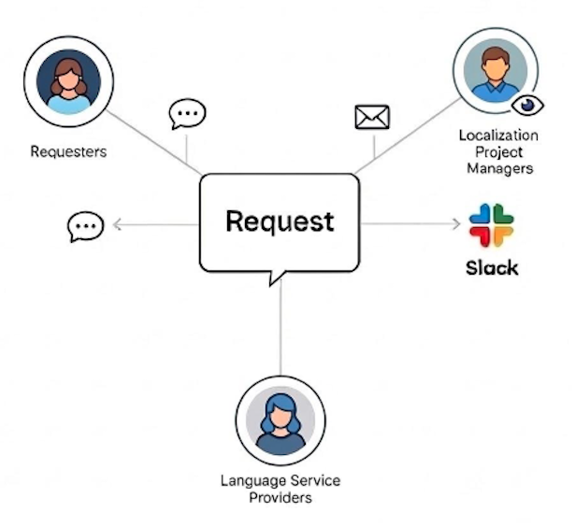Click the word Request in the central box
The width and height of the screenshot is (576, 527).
coord(280,221)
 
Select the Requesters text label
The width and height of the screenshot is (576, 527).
coord(68,150)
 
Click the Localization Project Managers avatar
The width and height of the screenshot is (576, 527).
coord(495,70)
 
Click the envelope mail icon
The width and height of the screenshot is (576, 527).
coord(372,117)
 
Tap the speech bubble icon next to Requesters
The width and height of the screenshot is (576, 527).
coord(186,114)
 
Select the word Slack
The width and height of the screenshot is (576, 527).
coord(492,268)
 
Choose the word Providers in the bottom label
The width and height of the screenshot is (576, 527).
coord(281,497)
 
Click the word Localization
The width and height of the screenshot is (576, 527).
coord(498,135)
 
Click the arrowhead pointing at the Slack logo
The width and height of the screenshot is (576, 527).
coord(457,223)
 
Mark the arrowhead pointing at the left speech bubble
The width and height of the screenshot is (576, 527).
coord(116,224)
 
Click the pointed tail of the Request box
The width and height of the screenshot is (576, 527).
coord(272,278)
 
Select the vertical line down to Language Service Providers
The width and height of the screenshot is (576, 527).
coord(281,327)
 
